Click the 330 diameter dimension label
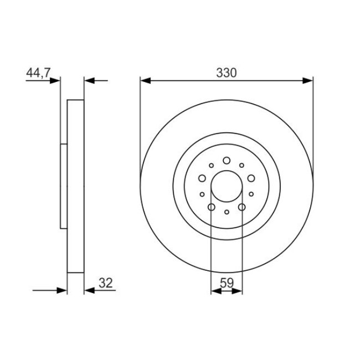(226, 73)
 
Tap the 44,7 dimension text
(38, 73)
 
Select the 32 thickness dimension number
(106, 283)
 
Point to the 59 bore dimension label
(227, 283)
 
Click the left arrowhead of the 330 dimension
(145, 81)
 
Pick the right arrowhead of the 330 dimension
(307, 81)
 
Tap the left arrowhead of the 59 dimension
(216, 291)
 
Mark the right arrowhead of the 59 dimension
(237, 291)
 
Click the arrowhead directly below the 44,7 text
(55, 81)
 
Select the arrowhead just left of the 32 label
(90, 290)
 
